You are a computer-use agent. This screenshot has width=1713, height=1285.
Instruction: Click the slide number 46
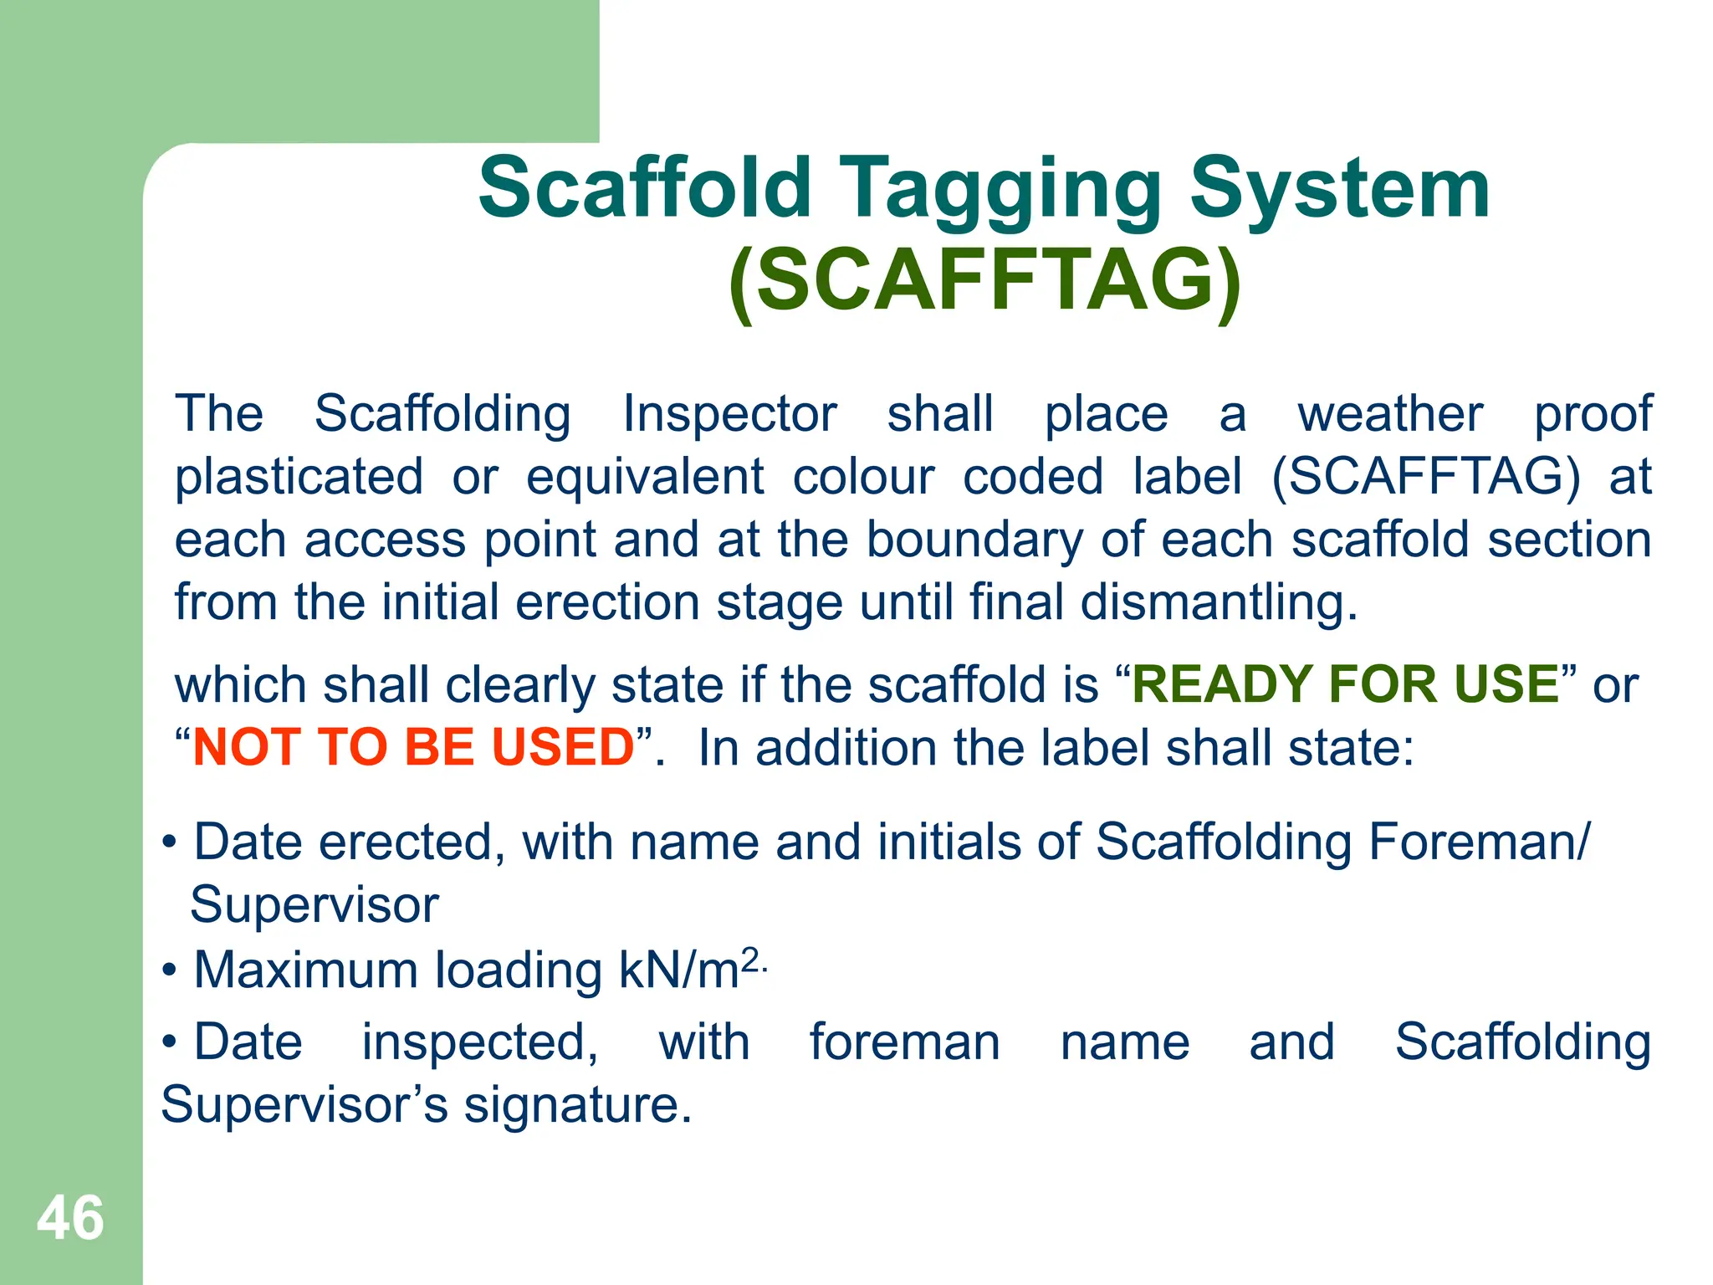coord(70,1218)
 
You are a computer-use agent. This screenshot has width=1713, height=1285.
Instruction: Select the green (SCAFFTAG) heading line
coord(984,280)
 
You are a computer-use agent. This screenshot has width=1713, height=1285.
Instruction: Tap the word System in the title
coord(1339,191)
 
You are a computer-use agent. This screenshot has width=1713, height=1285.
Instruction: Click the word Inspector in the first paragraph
coord(729,414)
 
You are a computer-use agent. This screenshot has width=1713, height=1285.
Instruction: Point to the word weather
coord(1390,414)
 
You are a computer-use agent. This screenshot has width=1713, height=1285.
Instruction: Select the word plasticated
coord(299,477)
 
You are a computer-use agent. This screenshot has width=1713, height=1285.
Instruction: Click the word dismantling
coord(1219,602)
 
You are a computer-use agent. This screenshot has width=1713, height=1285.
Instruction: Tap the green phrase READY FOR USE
coord(1345,684)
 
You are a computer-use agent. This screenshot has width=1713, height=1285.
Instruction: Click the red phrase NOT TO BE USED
coord(414,747)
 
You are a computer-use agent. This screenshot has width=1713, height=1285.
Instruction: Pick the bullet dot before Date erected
coord(170,842)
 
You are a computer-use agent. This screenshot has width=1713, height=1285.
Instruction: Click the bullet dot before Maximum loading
coord(170,971)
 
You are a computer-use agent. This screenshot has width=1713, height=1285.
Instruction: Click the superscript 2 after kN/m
coord(750,960)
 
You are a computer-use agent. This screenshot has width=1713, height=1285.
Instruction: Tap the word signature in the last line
coord(577,1105)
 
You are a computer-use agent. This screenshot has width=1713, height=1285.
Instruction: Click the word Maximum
coord(305,970)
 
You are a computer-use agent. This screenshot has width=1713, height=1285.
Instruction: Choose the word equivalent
coord(645,477)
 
